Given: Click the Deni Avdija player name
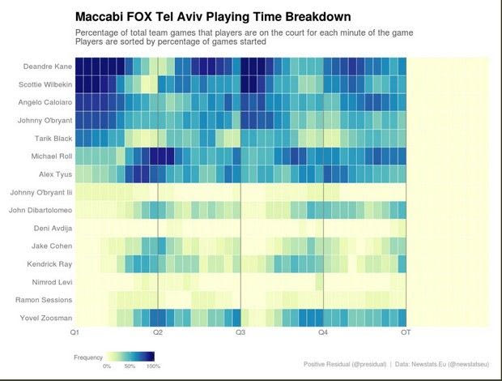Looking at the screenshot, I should click(53, 228).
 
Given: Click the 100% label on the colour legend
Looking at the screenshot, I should click(153, 366).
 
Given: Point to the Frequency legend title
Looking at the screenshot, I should click(88, 357).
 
